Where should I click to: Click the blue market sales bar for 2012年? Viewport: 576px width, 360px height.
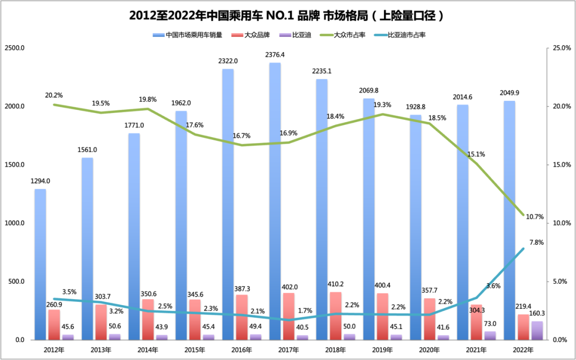[x=40, y=264]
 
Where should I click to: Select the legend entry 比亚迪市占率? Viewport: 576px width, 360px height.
[x=406, y=35]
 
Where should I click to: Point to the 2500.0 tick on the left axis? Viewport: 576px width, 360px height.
[x=15, y=48]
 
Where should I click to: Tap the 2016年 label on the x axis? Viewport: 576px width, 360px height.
[x=242, y=350]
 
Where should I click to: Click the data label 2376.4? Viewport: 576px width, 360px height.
[x=275, y=54]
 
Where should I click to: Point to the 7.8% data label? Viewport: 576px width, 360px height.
[x=535, y=242]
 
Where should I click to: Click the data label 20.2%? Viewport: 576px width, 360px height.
[x=53, y=95]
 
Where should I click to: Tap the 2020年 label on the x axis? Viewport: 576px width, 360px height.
[x=429, y=350]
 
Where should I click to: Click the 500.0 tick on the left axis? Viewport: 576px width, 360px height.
[x=17, y=282]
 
